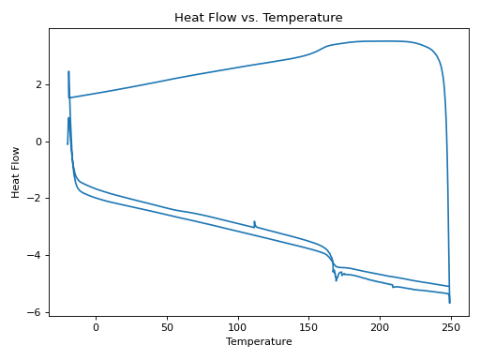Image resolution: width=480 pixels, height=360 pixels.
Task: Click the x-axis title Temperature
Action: click(259, 342)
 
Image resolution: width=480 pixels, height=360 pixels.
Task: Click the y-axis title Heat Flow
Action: click(16, 172)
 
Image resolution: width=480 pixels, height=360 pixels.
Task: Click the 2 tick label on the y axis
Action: click(38, 84)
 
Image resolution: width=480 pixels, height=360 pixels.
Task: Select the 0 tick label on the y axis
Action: click(38, 142)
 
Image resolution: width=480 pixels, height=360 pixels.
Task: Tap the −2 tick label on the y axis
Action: click(36, 199)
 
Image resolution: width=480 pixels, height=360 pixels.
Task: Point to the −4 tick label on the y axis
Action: click(36, 255)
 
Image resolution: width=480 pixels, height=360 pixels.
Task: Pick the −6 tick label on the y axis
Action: click(36, 312)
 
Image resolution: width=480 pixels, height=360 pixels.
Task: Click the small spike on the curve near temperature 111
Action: click(254, 222)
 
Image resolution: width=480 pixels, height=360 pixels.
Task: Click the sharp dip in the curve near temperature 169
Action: click(337, 280)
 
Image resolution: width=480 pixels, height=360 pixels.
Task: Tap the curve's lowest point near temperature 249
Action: click(450, 302)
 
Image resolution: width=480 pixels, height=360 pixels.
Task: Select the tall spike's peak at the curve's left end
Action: click(68, 71)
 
